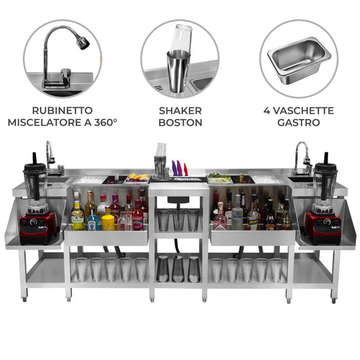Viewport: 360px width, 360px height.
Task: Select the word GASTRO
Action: tap(299, 123)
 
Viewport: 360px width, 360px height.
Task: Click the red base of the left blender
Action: tap(37, 228)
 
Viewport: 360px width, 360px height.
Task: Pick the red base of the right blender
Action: tap(321, 228)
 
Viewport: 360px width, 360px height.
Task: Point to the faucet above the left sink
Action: tap(51, 155)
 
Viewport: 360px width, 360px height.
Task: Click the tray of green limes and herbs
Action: tap(219, 178)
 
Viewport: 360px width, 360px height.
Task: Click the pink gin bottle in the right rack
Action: tap(220, 217)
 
